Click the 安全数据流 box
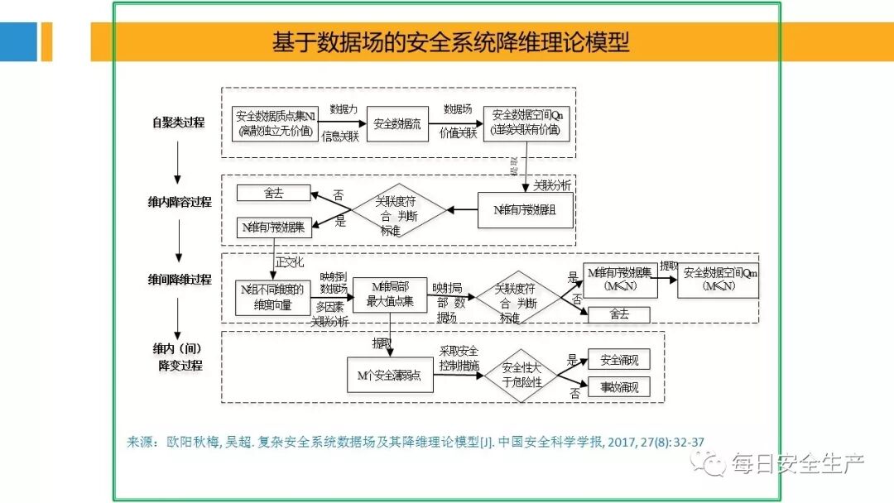coord(397,123)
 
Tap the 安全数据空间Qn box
coord(526,123)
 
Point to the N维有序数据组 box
coord(524,210)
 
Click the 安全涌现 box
coord(618,360)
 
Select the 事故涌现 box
coord(618,386)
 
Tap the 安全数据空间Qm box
coord(718,280)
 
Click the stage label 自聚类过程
coord(178,122)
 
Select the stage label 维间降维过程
coord(180,280)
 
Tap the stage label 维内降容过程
coord(180,202)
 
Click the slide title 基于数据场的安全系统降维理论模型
coord(451,41)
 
